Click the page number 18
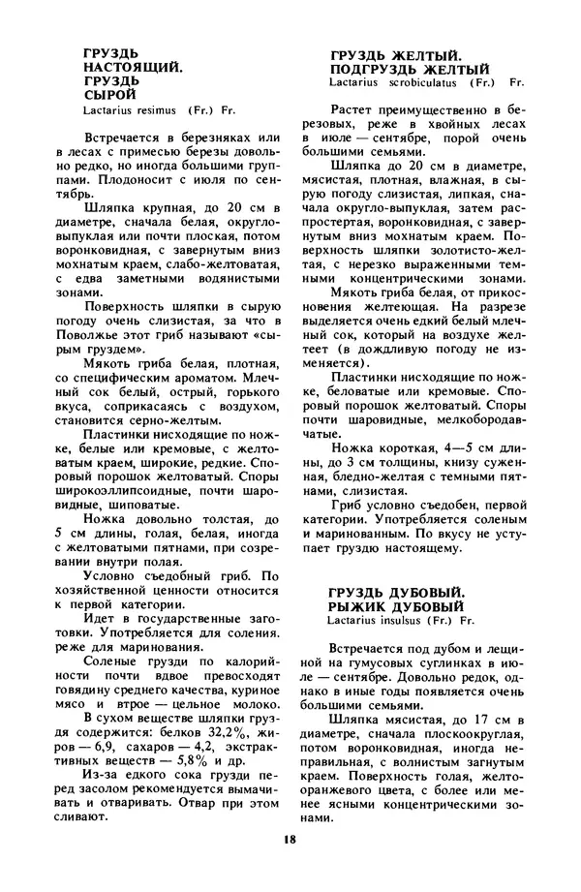point(290,839)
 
